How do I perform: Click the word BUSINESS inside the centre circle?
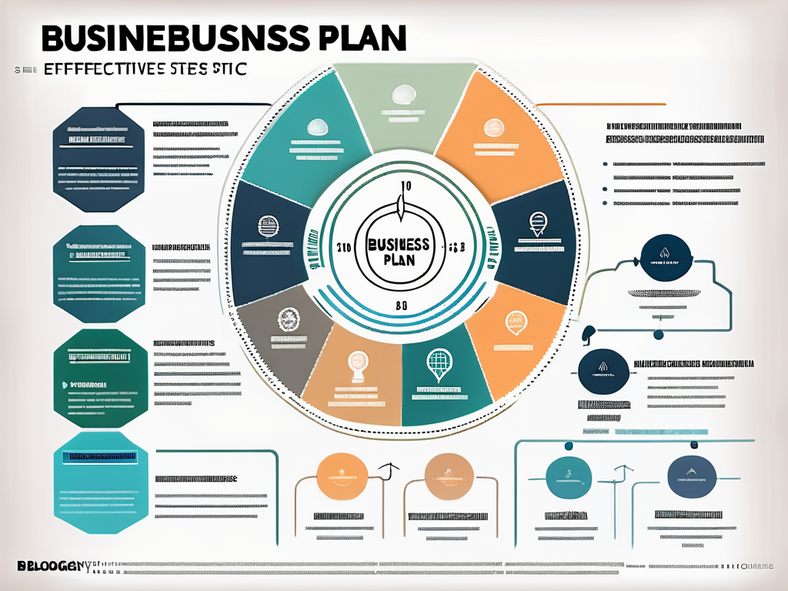(398, 244)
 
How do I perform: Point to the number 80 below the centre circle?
(402, 305)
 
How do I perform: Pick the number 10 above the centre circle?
(407, 186)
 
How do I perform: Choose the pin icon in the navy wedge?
(536, 225)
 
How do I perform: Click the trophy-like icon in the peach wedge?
(356, 363)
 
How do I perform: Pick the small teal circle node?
(658, 335)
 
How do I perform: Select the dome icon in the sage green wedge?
(402, 96)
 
